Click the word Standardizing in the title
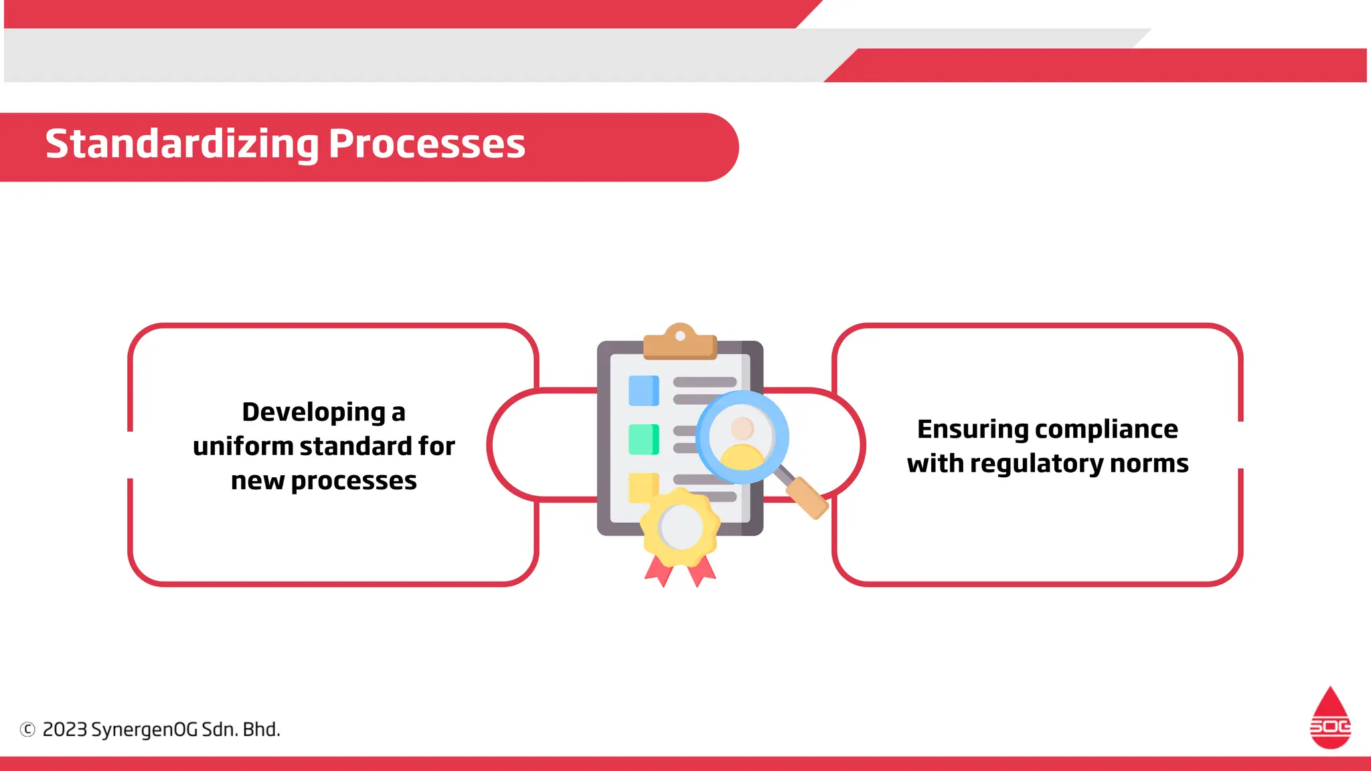(x=181, y=145)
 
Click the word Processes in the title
(x=426, y=145)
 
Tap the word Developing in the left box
(x=313, y=412)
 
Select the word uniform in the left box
(x=242, y=446)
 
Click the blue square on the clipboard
(x=643, y=391)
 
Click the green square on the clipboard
(x=643, y=440)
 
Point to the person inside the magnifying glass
(x=742, y=442)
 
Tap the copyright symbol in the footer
(x=27, y=730)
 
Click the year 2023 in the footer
(x=65, y=730)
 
